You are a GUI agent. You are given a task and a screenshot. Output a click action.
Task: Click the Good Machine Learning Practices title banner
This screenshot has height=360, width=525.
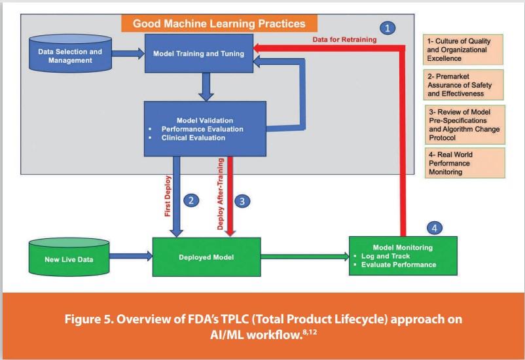219,24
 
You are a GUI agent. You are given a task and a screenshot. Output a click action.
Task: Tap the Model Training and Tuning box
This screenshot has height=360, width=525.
199,54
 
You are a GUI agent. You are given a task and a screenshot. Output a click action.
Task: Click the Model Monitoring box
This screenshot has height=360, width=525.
403,256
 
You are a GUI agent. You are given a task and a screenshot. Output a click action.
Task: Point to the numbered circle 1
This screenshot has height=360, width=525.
389,28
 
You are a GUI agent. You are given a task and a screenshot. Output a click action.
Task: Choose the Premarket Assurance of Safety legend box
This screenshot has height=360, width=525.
458,85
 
